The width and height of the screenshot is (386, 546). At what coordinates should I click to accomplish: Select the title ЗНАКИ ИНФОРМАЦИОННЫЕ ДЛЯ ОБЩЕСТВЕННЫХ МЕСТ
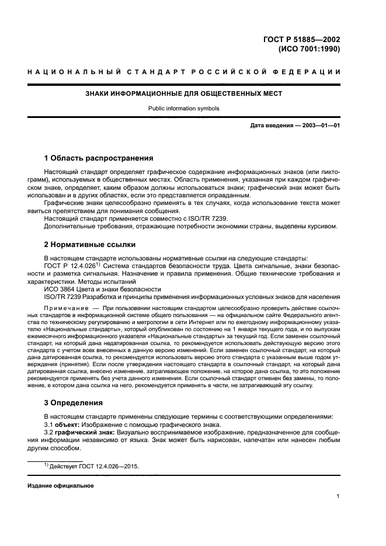click(x=184, y=93)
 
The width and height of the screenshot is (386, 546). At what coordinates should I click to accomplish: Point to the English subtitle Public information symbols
click(x=184, y=108)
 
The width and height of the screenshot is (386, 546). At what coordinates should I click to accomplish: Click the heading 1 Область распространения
click(x=99, y=158)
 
